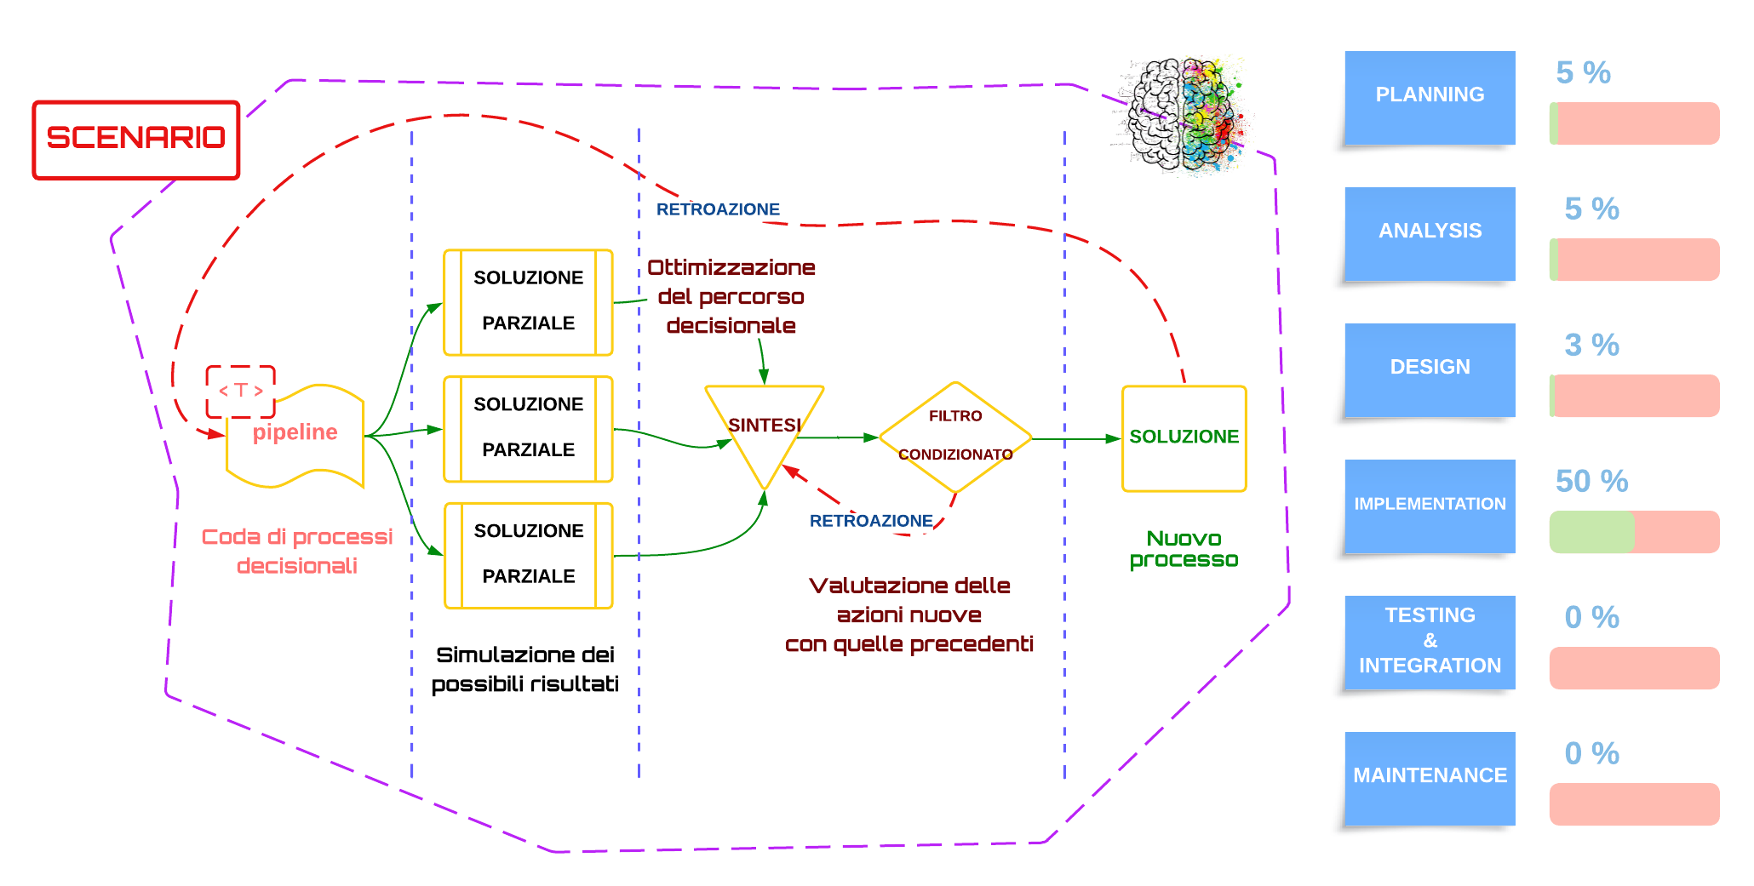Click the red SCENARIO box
136,140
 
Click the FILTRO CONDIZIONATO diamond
955,437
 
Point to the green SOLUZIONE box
1184,437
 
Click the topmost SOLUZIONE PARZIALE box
528,301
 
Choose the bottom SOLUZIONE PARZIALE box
528,554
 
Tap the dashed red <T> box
241,391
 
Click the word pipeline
295,432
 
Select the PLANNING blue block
1430,95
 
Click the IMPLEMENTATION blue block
1430,504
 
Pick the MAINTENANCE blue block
1430,775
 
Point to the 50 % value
1591,481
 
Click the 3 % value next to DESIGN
1591,345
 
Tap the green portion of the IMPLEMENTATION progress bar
1591,532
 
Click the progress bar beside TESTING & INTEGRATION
1634,668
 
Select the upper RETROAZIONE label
718,209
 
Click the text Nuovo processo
1184,549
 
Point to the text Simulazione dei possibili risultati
525,669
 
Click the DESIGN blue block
1430,368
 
